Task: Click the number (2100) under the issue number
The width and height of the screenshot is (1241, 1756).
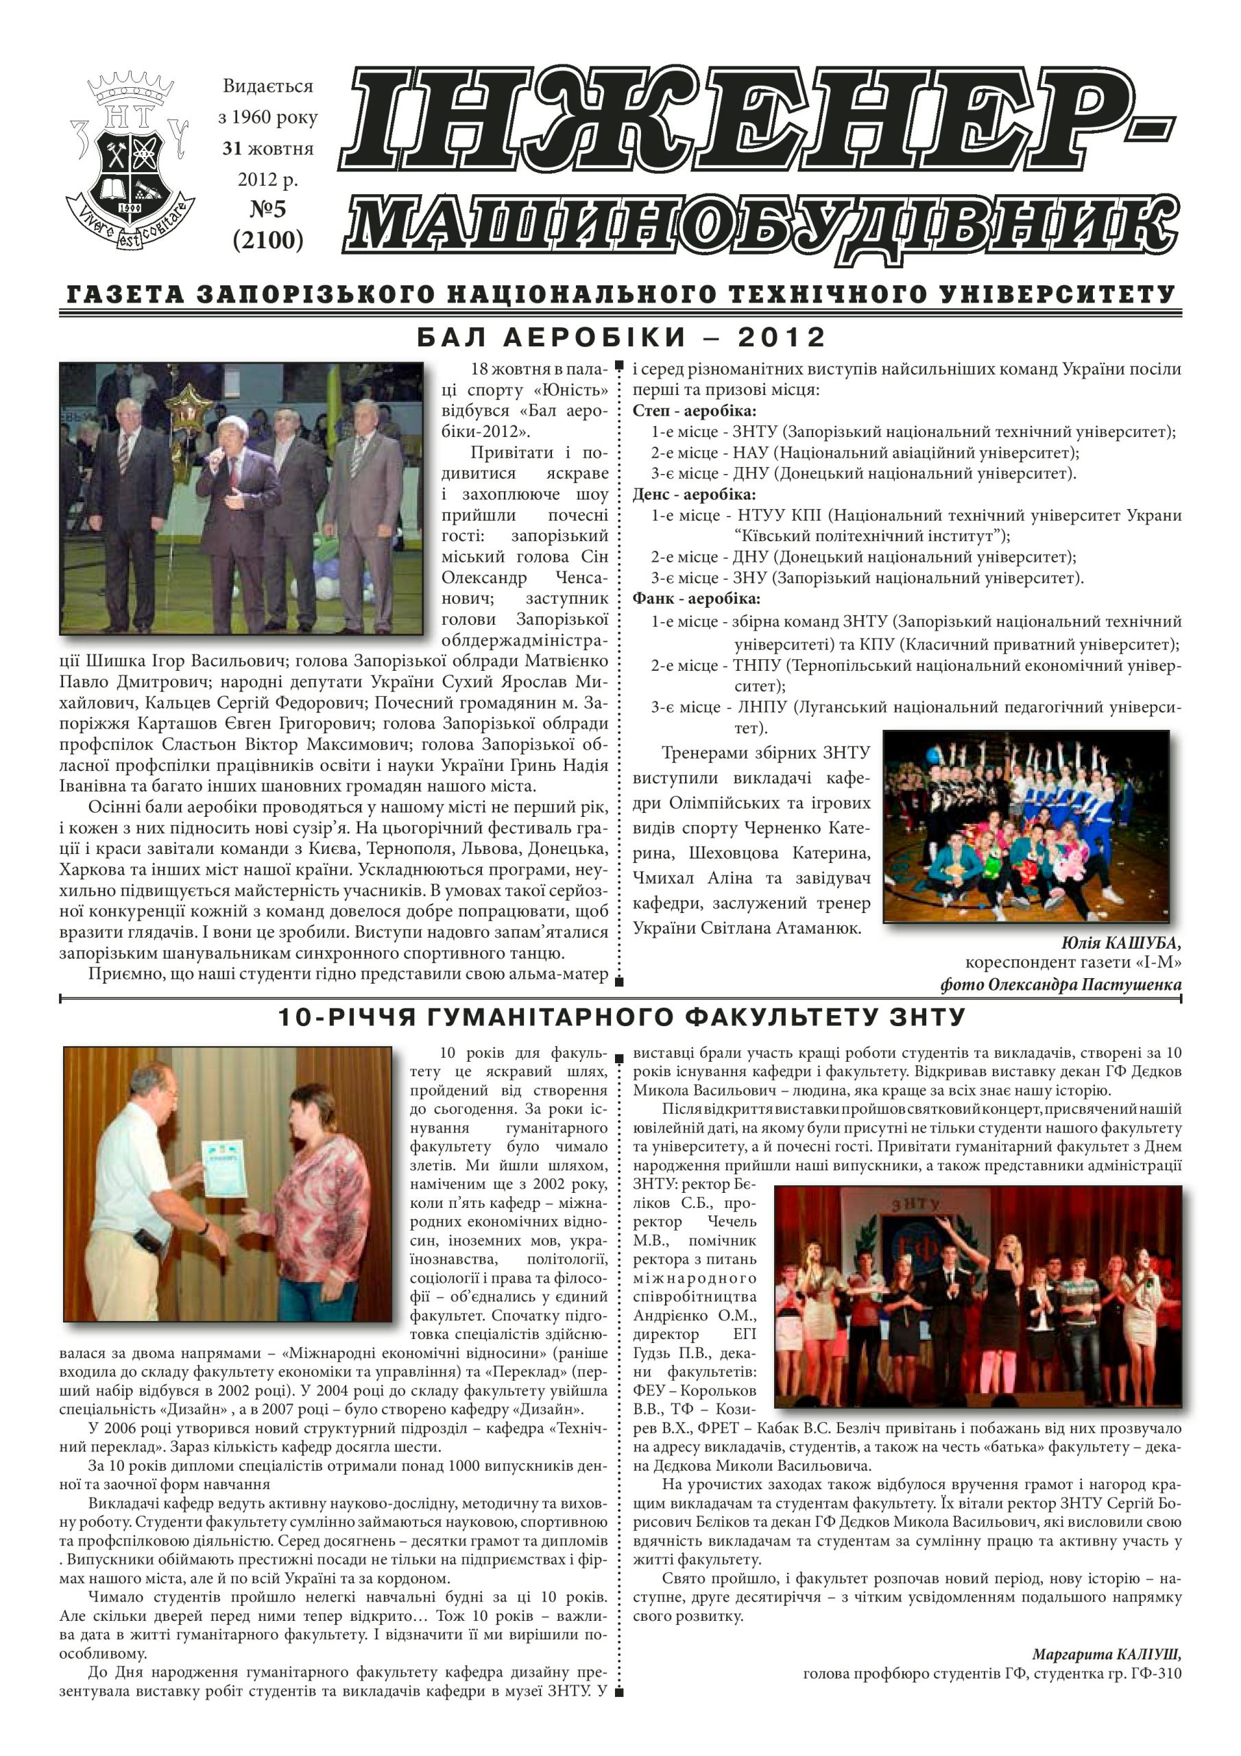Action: [x=267, y=240]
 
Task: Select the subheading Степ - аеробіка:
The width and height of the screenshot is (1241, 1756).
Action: [x=695, y=411]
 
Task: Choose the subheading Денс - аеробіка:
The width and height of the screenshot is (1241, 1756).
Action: [x=695, y=494]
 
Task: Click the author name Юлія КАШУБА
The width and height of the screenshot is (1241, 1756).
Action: [x=1122, y=942]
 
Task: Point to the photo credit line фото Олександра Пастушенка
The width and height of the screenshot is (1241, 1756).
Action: [x=1061, y=984]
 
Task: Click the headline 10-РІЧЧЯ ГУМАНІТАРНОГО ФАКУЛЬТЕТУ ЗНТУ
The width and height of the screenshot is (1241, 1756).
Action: [x=621, y=1017]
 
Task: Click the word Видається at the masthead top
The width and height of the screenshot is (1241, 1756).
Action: [x=267, y=86]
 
